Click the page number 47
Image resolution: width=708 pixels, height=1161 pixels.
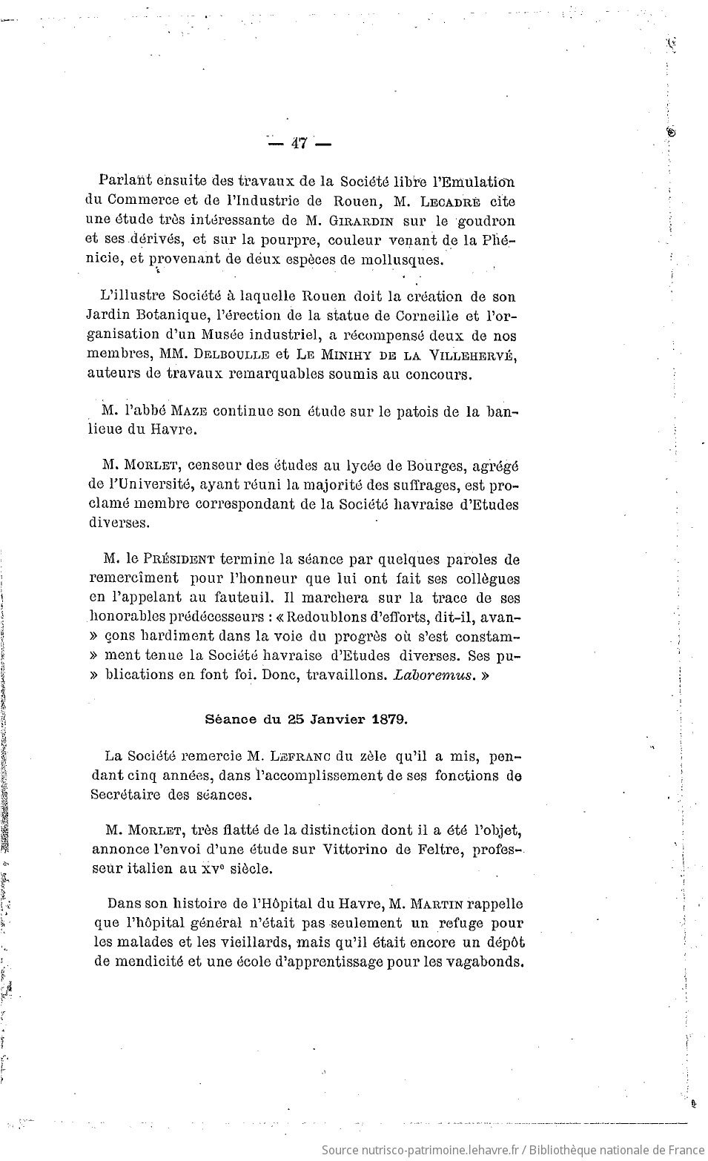[300, 144]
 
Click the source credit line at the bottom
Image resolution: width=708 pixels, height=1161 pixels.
[513, 1150]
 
